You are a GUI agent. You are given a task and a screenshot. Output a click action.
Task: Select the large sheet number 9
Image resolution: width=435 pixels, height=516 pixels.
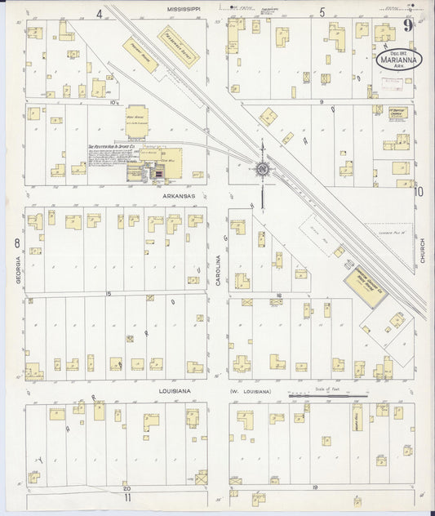pyautogui.click(x=408, y=25)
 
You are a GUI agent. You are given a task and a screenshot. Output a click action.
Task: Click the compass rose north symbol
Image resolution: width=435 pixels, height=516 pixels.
pyautogui.click(x=263, y=169)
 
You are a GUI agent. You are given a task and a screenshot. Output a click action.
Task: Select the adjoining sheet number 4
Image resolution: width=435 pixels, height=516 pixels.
pyautogui.click(x=99, y=13)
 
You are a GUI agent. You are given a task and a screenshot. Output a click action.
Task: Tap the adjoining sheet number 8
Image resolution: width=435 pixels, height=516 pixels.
pyautogui.click(x=16, y=242)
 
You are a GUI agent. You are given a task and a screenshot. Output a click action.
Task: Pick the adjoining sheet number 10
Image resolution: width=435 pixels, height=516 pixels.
pyautogui.click(x=418, y=193)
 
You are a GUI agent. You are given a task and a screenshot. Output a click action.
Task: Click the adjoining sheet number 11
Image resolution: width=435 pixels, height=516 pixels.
pyautogui.click(x=127, y=496)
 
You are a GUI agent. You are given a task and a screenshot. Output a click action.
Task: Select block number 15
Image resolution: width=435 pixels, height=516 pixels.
pyautogui.click(x=108, y=292)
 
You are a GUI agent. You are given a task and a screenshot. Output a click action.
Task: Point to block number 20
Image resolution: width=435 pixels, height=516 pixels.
pyautogui.click(x=127, y=485)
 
